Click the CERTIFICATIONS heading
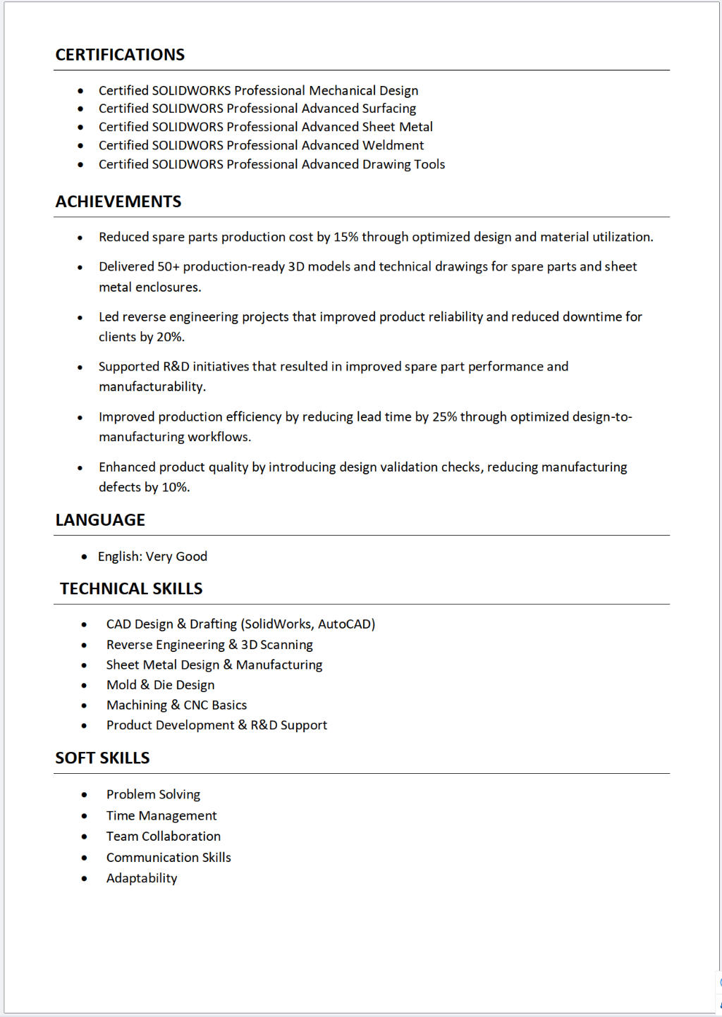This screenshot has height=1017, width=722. coord(120,55)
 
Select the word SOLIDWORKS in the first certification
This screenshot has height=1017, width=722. coord(191,90)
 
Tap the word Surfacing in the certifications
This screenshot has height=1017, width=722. coord(388,109)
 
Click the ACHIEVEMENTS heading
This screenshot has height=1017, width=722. coord(118,202)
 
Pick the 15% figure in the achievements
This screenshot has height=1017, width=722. coord(345,237)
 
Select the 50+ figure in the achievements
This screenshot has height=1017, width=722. coord(168,266)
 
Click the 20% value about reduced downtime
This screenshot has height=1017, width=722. coord(170,337)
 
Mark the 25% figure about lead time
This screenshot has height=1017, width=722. coord(444,417)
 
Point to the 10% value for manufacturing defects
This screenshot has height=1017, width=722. coord(176,487)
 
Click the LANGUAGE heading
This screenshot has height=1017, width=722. coord(100,520)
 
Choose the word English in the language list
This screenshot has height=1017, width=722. coord(119,557)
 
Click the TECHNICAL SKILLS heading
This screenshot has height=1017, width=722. coord(131,589)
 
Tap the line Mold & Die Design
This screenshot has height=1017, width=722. coord(160,685)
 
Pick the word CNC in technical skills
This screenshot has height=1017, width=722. coord(196,705)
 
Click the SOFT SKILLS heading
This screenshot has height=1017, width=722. coord(102,758)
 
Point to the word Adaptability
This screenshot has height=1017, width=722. coord(142,878)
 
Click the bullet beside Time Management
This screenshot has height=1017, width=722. coord(84,816)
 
